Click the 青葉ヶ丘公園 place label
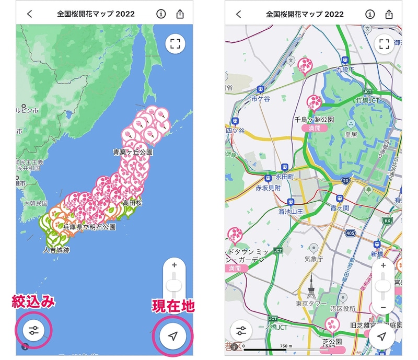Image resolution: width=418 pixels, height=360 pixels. (x=133, y=152)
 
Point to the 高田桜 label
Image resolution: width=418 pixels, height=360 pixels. (x=133, y=202)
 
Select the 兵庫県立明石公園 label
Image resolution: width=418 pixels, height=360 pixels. (x=89, y=228)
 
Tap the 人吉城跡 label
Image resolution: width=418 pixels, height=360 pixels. (x=56, y=250)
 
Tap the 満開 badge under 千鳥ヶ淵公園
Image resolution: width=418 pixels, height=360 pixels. (x=314, y=128)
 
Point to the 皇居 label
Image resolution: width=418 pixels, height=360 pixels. (x=351, y=134)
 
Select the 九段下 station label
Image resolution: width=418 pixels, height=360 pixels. (x=345, y=69)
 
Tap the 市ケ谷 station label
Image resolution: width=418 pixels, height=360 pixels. (x=260, y=98)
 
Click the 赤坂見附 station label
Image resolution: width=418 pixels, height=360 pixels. (x=268, y=188)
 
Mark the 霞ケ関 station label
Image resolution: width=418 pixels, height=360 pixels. (x=339, y=208)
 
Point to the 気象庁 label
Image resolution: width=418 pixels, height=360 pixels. (x=314, y=259)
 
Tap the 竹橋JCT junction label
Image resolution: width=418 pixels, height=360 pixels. (x=366, y=99)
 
